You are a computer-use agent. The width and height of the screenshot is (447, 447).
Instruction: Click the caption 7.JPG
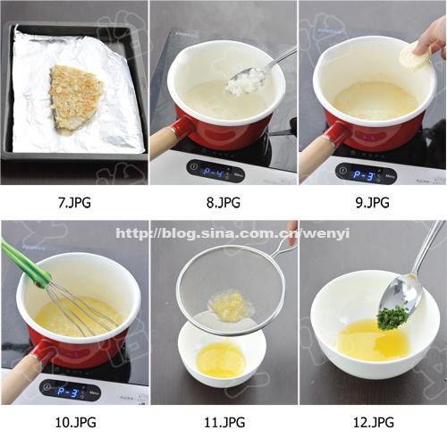pos(74,203)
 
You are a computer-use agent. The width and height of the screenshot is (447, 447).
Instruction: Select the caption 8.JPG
pos(223,203)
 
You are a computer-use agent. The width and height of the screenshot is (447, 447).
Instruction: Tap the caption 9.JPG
pos(373,203)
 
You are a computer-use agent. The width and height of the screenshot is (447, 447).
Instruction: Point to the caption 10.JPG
pos(76,423)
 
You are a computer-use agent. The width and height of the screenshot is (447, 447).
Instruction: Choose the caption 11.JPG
pos(224,423)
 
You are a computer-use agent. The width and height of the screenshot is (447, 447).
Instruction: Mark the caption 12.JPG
pos(374,423)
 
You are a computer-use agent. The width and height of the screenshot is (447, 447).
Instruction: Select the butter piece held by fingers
pos(413,57)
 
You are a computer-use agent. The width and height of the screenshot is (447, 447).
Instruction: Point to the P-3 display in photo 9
pos(363,175)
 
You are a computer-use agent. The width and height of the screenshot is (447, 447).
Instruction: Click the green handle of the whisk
pos(25,263)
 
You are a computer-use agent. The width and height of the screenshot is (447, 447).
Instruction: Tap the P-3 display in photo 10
pos(67,392)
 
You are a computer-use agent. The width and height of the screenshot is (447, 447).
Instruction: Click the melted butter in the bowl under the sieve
pos(221,359)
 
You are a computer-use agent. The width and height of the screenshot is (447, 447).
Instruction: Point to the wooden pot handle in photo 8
pos(162,143)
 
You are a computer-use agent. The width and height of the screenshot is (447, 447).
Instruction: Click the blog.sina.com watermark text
pos(233,233)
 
